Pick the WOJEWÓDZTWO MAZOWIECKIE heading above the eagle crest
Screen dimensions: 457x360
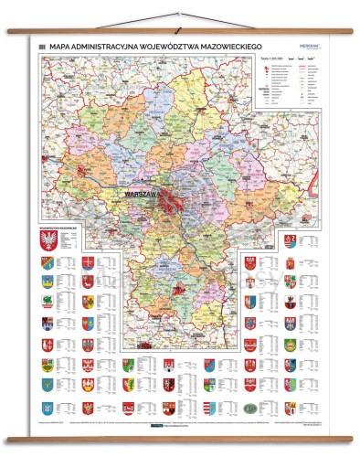pos(58,223)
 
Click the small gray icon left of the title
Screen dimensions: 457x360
pos(42,43)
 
